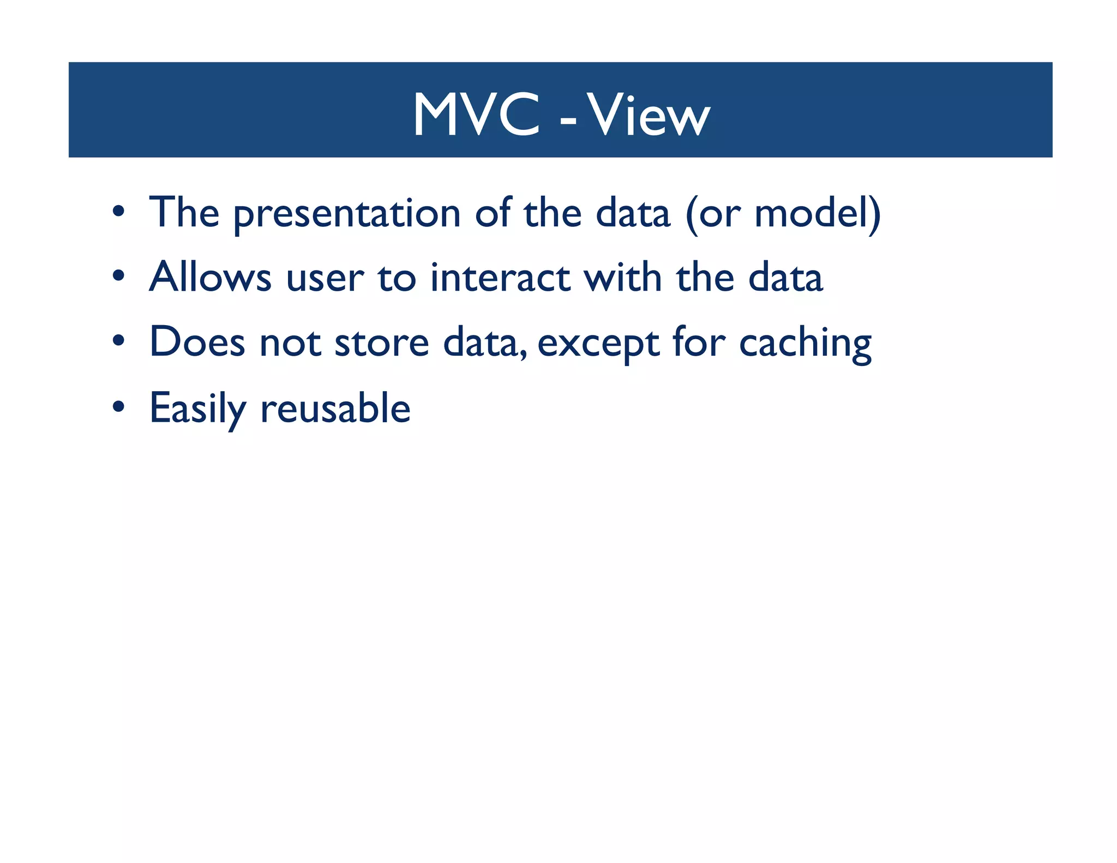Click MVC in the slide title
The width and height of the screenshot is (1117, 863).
(x=476, y=115)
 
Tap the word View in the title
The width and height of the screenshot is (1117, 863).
(x=648, y=115)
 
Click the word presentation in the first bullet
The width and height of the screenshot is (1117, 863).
(x=347, y=214)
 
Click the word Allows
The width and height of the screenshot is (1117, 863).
(x=210, y=277)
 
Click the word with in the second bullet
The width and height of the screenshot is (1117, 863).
(x=623, y=277)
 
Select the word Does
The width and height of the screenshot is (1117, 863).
(x=197, y=343)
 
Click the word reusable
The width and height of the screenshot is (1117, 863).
(x=335, y=408)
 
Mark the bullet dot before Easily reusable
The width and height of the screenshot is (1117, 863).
(x=119, y=406)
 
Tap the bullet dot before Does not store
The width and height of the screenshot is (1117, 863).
(x=119, y=341)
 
